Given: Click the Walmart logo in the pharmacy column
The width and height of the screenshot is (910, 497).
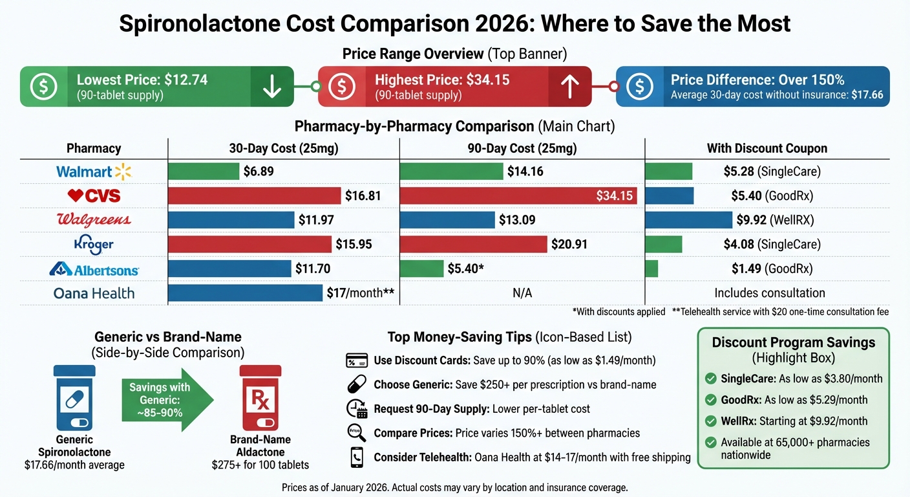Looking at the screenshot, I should [94, 171].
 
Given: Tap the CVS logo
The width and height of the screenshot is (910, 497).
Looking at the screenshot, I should [94, 195].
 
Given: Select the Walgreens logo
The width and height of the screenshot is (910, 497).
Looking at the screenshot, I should [94, 220].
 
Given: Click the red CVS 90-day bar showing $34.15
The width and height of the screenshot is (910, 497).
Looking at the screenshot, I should [518, 195].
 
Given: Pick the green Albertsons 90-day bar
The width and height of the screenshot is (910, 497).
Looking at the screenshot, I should [421, 269].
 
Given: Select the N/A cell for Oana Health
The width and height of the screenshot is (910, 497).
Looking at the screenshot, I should [522, 293].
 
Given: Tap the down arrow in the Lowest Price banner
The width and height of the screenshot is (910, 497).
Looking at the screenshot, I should [272, 87].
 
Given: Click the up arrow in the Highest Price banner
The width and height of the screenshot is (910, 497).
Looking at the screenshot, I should [569, 87].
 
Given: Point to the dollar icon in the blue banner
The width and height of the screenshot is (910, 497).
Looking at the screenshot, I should [639, 87].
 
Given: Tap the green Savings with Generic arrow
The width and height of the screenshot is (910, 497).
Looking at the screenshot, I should [167, 400].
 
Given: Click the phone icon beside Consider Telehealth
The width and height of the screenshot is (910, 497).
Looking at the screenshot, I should [357, 458].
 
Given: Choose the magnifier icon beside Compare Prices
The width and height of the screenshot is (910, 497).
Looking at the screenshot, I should [357, 433].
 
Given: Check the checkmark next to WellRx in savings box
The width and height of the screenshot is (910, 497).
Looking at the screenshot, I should [711, 421].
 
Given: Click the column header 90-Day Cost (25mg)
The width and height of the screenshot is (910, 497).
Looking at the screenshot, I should [522, 148].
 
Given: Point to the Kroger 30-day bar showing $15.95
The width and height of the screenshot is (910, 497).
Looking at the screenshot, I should [249, 244].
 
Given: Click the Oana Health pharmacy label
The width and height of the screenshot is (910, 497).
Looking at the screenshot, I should [94, 293].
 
